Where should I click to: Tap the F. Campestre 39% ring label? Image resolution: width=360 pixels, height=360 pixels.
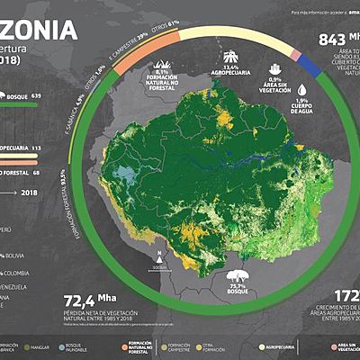[130, 37]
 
